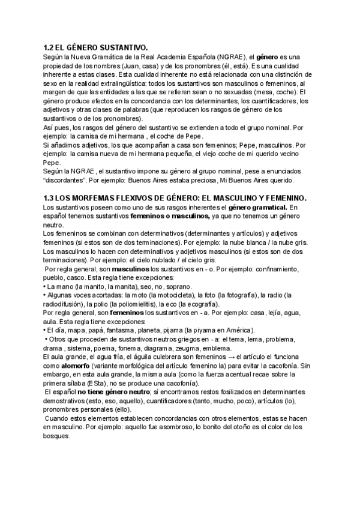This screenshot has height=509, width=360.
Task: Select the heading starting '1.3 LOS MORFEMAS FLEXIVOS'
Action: coord(175,197)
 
